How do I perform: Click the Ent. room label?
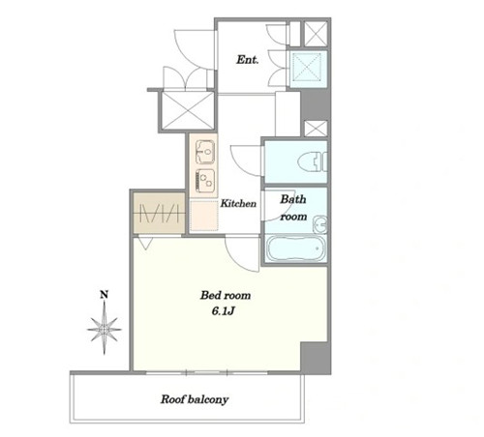point(248,60)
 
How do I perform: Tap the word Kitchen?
point(238,203)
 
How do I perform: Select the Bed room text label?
point(226,295)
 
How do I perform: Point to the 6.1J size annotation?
point(223,311)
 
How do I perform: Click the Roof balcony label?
point(195,399)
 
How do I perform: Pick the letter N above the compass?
point(104,294)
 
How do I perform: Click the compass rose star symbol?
point(105,329)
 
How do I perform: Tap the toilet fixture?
point(313,161)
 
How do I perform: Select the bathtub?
point(295,248)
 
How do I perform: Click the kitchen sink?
point(205,152)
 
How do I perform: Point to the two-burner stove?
point(205,181)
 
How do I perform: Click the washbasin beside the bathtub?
point(320,224)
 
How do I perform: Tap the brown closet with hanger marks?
point(160,213)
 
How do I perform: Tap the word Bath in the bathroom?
point(292,199)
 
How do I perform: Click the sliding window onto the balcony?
point(206,373)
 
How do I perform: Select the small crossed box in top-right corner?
point(316,34)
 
